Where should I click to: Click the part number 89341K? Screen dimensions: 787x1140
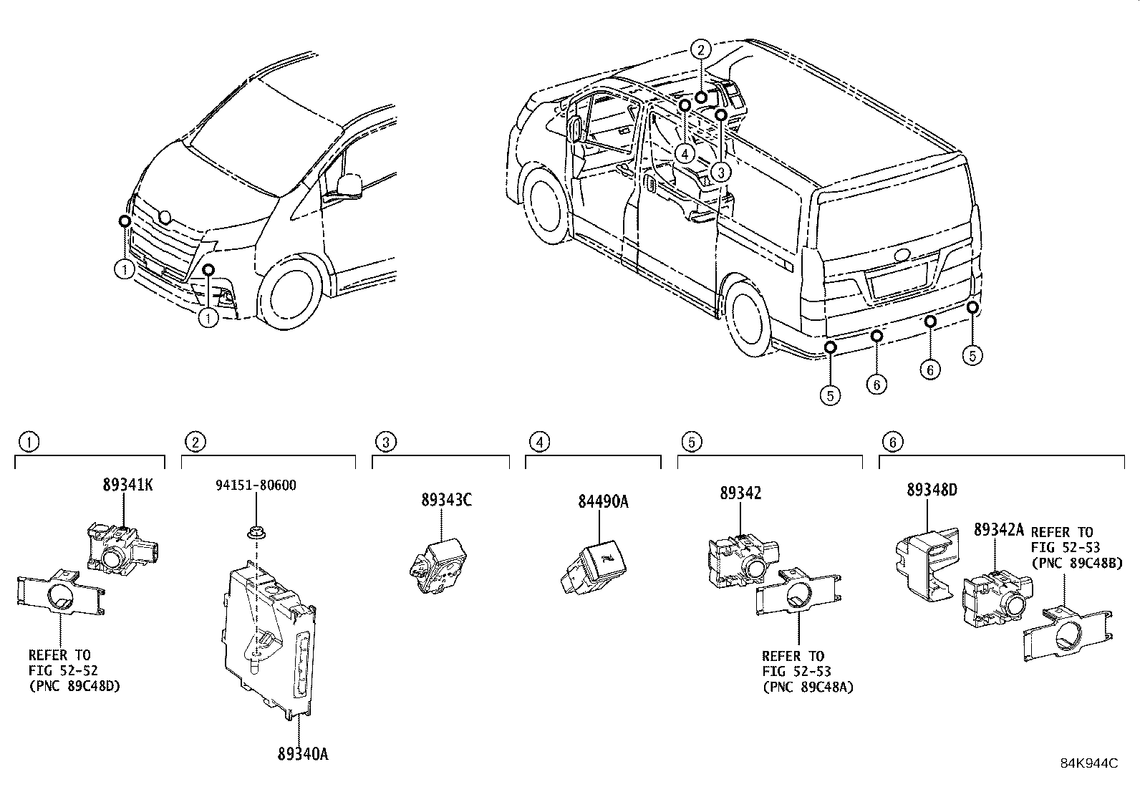pos(127,485)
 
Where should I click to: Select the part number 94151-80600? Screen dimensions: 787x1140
pos(256,486)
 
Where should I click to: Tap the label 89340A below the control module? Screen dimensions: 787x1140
pos(303,754)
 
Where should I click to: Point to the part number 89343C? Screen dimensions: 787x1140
pos(446,501)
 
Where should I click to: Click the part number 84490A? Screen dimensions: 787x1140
pos(603,502)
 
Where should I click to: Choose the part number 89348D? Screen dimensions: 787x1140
pos(932,491)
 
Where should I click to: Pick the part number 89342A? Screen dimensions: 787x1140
pos(999,530)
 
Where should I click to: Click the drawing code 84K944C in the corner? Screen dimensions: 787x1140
pos(1088,763)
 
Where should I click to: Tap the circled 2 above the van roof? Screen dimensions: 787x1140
pos(700,49)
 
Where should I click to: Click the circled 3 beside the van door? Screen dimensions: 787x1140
pos(720,172)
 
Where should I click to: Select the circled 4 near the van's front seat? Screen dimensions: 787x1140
pos(685,153)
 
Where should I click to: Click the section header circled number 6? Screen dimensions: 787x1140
pos(892,443)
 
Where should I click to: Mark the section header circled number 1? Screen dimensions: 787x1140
pos(29,442)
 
